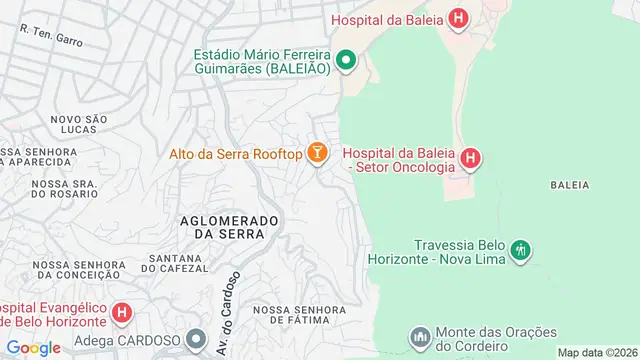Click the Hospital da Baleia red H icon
tap(458, 18)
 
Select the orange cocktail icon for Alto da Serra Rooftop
tap(317, 153)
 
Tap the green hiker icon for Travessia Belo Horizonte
tap(519, 250)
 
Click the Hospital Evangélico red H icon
tap(122, 313)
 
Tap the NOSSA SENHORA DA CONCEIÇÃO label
tap(79, 271)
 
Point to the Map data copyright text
tap(597, 353)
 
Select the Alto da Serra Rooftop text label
tap(235, 153)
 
